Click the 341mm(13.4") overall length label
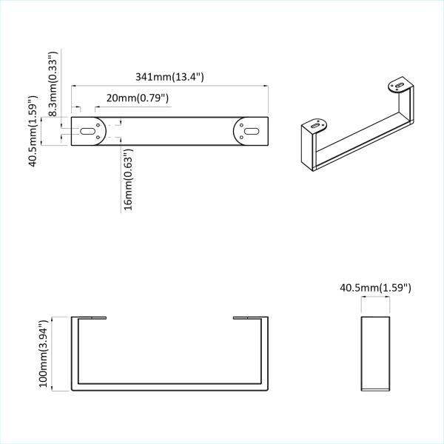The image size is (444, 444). click(169, 77)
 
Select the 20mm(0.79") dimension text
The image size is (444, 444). click(138, 98)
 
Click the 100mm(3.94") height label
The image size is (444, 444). click(44, 353)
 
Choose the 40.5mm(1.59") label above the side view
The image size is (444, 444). click(375, 286)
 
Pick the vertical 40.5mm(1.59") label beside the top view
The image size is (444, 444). click(33, 130)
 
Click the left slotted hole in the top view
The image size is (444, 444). click(88, 131)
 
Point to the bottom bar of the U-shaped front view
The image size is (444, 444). click(169, 387)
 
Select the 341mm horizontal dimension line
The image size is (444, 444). click(169, 86)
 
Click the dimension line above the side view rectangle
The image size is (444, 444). click(375, 297)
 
